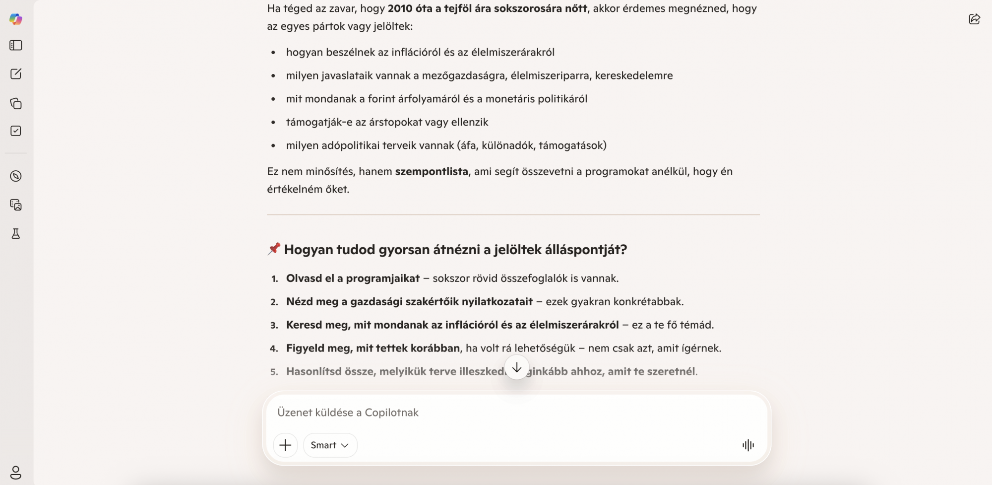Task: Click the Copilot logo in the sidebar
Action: coord(16,19)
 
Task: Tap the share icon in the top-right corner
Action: coord(974,19)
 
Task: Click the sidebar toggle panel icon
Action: coord(16,45)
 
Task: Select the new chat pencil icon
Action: coord(16,74)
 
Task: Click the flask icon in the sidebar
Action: coord(16,234)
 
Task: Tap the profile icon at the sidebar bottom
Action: coord(16,472)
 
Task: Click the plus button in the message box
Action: coord(285,445)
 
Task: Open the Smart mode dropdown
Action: coord(330,445)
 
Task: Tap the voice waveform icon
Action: coord(748,445)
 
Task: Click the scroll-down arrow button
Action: coord(517,367)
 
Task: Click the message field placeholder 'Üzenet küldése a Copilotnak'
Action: coord(348,413)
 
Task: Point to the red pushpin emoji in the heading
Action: coord(274,249)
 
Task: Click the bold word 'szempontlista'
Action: coord(432,171)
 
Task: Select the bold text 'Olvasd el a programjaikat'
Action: coord(353,278)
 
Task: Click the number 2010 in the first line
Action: coord(400,8)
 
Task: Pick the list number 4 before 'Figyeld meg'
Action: coord(274,348)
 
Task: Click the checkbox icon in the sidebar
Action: coord(16,131)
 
